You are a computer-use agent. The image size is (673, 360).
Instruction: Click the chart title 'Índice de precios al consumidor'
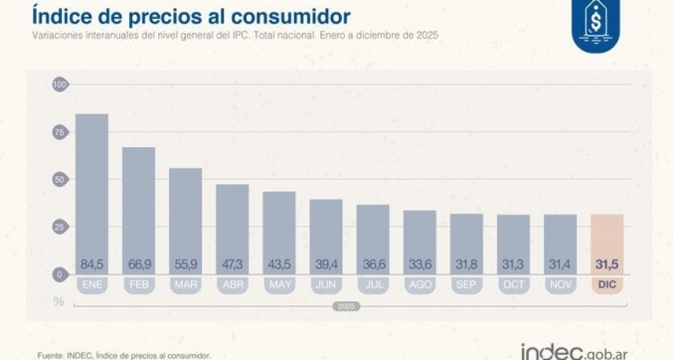[191, 16]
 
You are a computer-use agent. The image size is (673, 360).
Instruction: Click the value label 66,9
[139, 264]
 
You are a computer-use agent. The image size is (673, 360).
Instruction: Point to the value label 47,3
[232, 264]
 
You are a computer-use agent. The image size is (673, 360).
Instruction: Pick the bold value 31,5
[607, 264]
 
